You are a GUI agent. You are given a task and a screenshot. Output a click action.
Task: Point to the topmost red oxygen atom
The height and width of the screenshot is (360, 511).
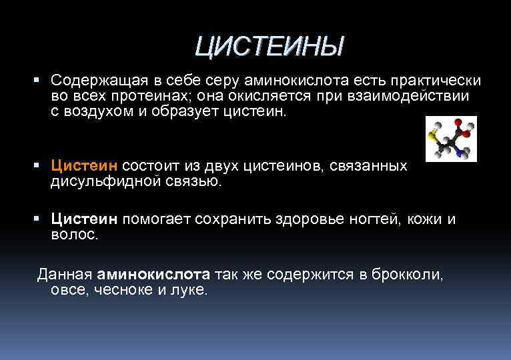pos(458,123)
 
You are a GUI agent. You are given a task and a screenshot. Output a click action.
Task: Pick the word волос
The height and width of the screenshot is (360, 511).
pos(74,235)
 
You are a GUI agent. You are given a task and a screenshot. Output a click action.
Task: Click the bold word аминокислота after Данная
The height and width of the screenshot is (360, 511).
pos(153,274)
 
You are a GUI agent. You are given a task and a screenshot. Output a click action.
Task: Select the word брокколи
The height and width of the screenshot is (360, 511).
pos(408,274)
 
